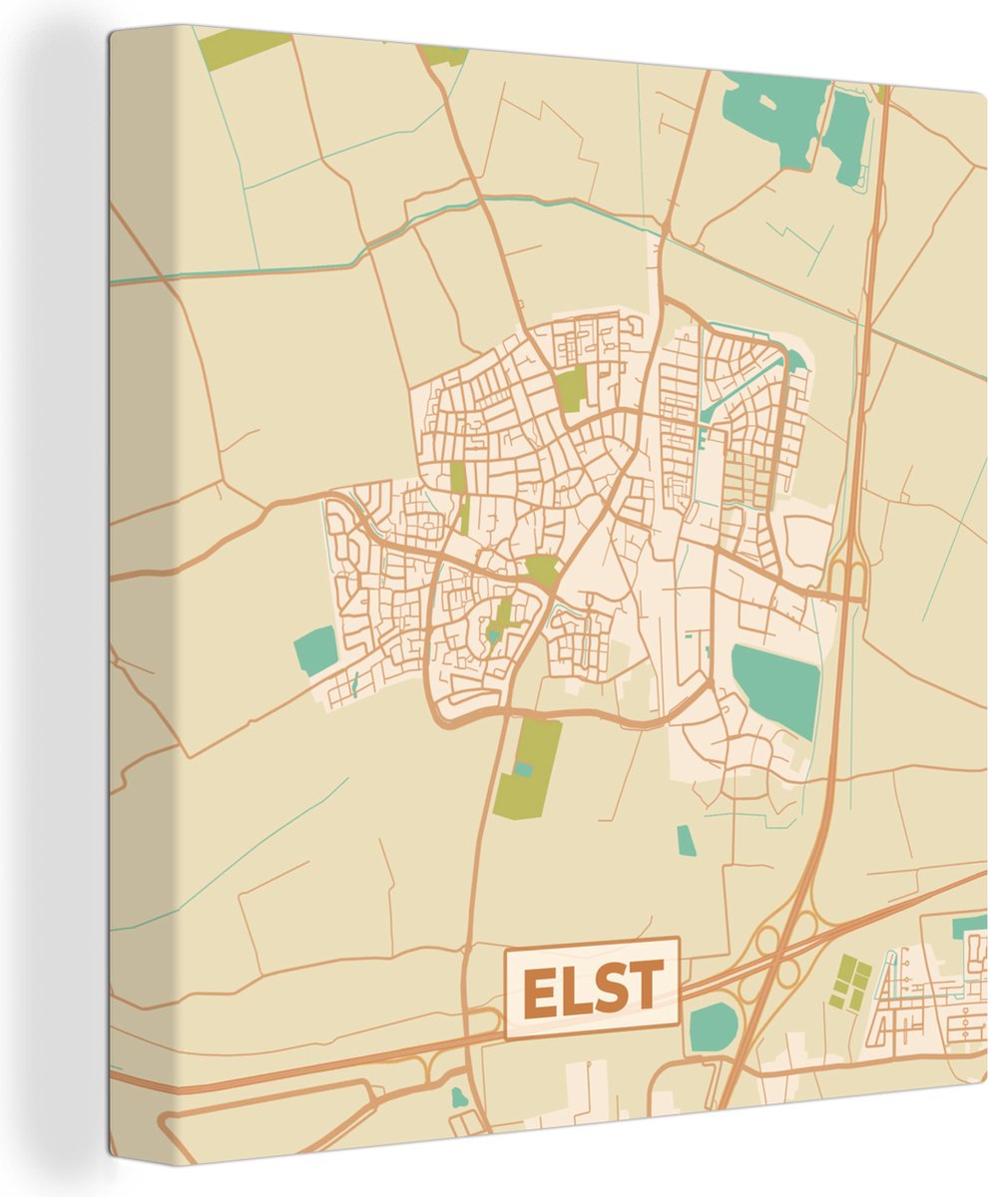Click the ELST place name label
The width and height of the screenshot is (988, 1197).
click(x=592, y=988)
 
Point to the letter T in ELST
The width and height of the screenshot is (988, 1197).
click(x=644, y=988)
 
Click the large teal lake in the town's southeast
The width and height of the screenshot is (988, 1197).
click(x=776, y=689)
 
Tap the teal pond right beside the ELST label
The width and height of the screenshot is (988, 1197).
click(x=714, y=1026)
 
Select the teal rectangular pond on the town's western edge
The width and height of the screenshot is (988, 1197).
click(x=316, y=650)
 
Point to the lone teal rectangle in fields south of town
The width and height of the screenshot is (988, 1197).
click(x=686, y=840)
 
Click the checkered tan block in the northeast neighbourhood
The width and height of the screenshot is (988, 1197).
click(x=748, y=479)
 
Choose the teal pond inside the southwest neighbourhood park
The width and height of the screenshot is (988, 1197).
click(x=494, y=634)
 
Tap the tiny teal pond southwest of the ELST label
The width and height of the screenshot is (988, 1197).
click(x=458, y=1097)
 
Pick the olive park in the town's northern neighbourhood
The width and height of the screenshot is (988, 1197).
click(x=570, y=389)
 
